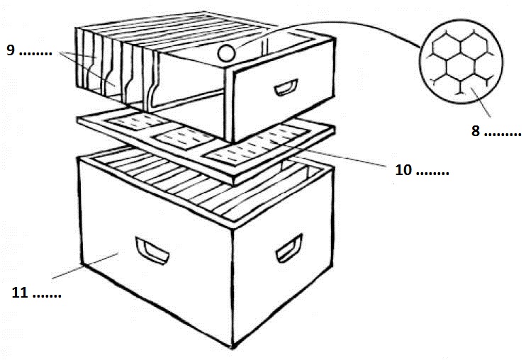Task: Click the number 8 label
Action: point(476,130)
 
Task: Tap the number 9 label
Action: point(11,50)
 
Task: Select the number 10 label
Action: point(403,170)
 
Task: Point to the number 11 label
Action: point(20,293)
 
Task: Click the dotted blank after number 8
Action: point(503,135)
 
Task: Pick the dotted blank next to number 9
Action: point(35,54)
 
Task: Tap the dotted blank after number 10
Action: point(432,174)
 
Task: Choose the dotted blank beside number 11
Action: point(47,296)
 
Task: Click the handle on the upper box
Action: point(286,87)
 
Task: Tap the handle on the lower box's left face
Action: point(152,251)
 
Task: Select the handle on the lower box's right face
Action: point(289,248)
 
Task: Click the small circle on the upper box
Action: point(226,53)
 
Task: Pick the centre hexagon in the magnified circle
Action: point(460,69)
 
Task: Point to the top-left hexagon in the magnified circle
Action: point(446,45)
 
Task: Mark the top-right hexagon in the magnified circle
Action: point(474,45)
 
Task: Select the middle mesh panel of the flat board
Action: point(184,137)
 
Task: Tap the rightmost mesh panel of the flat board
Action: point(257,145)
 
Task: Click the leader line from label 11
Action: point(84,266)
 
